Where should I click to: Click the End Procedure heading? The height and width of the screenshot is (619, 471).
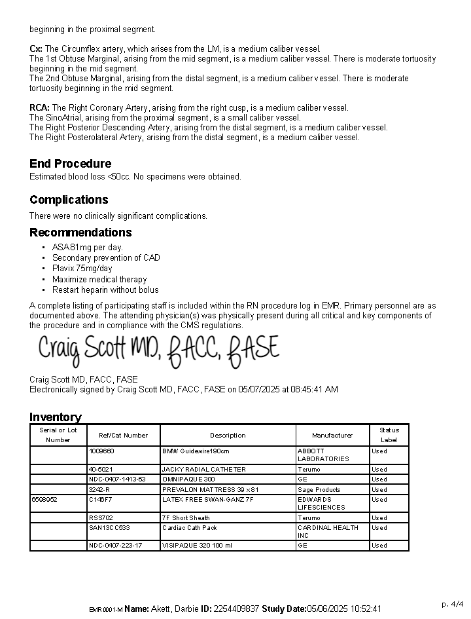(70, 164)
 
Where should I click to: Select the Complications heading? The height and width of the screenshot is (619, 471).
(69, 200)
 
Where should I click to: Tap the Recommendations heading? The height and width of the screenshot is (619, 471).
(80, 233)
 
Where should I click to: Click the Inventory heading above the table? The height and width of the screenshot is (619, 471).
(56, 417)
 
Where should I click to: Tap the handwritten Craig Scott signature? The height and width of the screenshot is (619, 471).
(158, 350)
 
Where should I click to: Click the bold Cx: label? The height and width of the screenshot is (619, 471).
(36, 49)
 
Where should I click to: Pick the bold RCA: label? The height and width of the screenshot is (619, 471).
(39, 108)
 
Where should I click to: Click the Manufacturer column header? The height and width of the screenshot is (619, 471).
(332, 435)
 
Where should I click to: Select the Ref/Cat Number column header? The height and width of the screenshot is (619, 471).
(123, 435)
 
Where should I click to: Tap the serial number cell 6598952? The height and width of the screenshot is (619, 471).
(44, 500)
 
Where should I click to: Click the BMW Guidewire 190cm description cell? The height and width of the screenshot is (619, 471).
(196, 451)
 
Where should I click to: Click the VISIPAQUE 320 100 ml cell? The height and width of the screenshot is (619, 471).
(197, 545)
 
